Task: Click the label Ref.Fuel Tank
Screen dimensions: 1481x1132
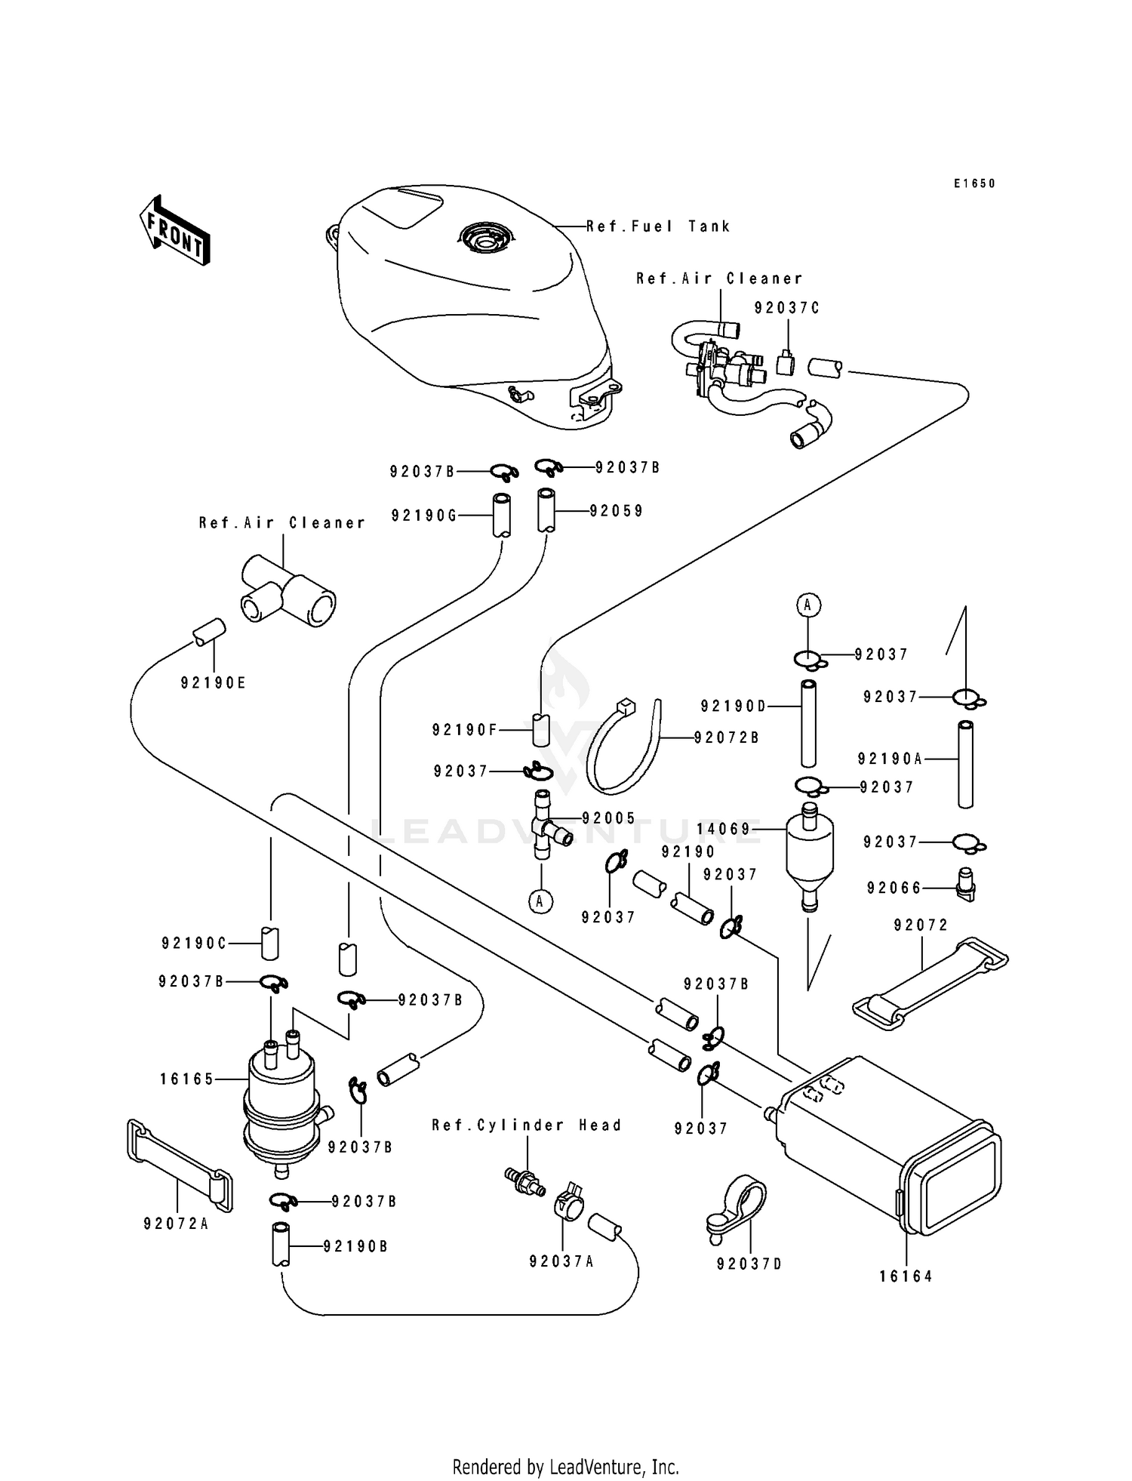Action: click(658, 226)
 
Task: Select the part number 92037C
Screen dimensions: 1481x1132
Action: click(786, 308)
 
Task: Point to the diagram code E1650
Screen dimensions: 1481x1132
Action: click(974, 183)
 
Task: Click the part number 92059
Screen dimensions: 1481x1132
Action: click(617, 511)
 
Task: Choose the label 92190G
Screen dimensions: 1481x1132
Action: click(424, 516)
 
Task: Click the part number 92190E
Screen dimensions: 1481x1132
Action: click(214, 683)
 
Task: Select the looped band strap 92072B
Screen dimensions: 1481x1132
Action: click(623, 748)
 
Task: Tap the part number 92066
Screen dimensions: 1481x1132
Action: click(894, 888)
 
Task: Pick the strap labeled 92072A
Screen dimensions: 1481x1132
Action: click(179, 1165)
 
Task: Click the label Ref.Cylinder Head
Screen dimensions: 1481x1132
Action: click(527, 1125)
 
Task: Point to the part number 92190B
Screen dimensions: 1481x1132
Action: click(355, 1246)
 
